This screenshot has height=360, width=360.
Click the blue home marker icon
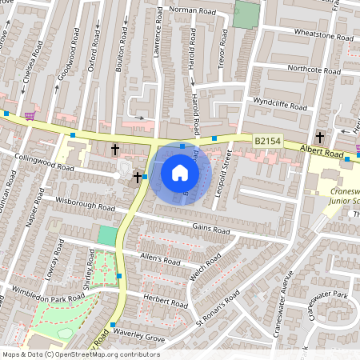[180, 172]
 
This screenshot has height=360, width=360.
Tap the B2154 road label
[268, 142]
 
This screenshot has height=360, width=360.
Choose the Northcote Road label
[313, 70]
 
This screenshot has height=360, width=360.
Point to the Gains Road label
[210, 229]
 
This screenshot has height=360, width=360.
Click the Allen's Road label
[161, 259]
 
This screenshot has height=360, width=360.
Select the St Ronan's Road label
[218, 309]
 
